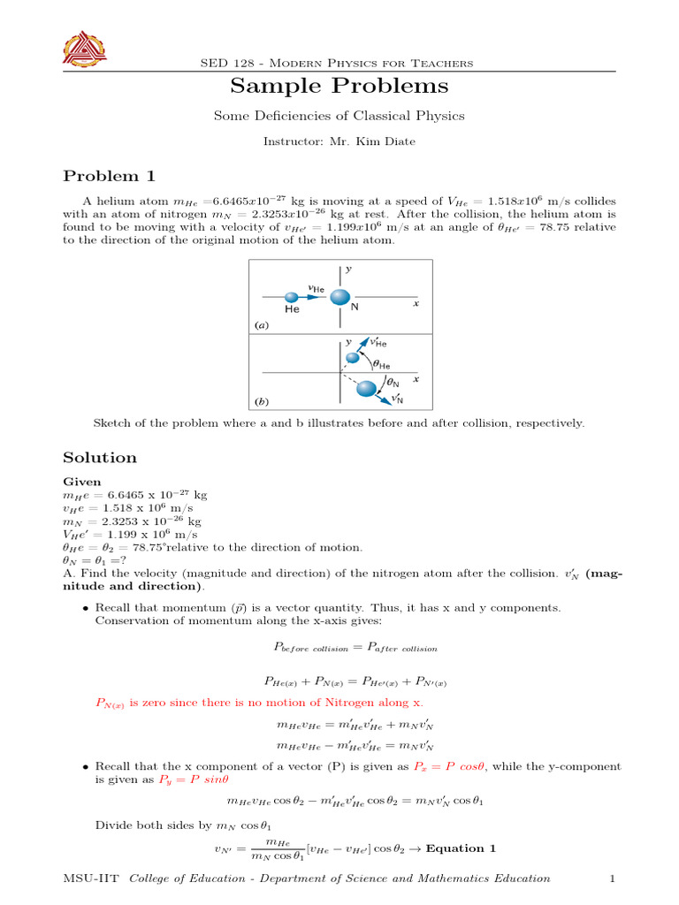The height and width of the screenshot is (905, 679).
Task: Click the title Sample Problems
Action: click(x=339, y=86)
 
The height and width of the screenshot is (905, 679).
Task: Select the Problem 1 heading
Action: click(x=102, y=176)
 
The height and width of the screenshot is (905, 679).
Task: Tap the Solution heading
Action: click(x=100, y=458)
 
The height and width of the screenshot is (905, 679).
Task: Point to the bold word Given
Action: click(x=82, y=482)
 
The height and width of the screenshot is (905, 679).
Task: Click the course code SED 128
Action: click(x=227, y=63)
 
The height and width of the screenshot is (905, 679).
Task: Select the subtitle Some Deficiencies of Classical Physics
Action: click(x=339, y=116)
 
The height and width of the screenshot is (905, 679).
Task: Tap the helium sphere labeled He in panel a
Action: click(x=292, y=298)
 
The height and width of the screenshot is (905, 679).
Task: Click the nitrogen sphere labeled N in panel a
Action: click(x=341, y=297)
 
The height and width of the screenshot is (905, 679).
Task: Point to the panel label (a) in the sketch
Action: click(x=261, y=325)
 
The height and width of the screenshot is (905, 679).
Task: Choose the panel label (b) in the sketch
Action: click(x=261, y=401)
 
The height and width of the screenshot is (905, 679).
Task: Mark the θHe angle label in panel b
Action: click(x=381, y=363)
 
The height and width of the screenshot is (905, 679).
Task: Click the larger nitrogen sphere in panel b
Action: click(x=366, y=389)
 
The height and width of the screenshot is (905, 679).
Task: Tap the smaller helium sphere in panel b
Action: click(x=354, y=357)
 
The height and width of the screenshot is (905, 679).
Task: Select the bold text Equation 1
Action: click(x=461, y=848)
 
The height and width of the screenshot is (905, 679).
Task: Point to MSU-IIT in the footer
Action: click(x=93, y=878)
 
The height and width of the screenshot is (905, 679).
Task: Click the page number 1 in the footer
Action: click(x=612, y=878)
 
